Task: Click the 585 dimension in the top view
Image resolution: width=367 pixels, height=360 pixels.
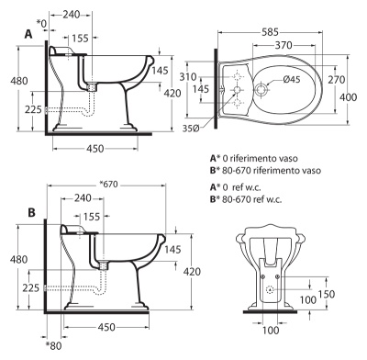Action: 271,32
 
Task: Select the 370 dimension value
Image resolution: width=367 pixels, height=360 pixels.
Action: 284,45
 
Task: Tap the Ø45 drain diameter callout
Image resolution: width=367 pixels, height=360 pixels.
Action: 292,80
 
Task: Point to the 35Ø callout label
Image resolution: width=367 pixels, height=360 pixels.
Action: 191,129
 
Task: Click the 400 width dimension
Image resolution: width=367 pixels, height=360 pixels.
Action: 349,97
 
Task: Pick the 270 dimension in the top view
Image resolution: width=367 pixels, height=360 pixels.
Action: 337,80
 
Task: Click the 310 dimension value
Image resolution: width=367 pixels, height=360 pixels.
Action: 188,77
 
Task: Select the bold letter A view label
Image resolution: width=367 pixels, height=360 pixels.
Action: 28,34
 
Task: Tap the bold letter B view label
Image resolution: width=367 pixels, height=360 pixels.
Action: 31,212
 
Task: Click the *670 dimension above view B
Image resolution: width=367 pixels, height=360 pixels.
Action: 109,185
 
